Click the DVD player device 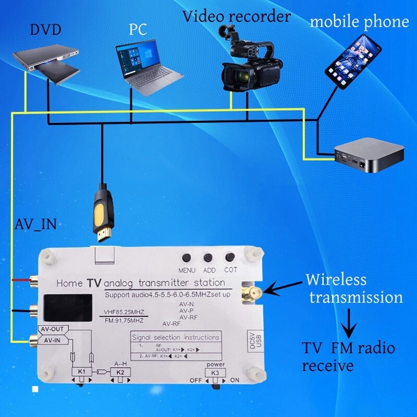click(46, 62)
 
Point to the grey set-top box click(369, 155)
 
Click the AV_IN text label click(34, 226)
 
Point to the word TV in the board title click(94, 283)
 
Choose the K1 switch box click(82, 373)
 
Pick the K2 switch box click(121, 373)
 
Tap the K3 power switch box click(215, 373)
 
